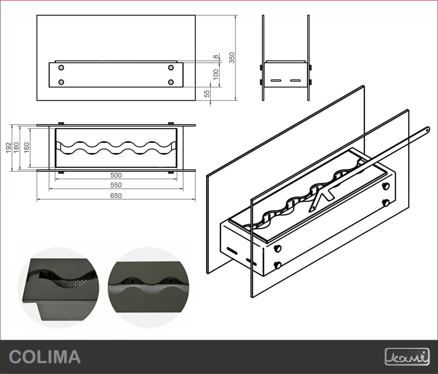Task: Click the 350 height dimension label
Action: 232,58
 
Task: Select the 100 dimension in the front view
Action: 216,75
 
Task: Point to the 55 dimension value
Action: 207,93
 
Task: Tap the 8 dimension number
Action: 216,57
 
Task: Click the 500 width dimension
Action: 116,175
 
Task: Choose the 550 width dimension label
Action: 116,185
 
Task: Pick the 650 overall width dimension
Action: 116,196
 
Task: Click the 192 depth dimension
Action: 9,148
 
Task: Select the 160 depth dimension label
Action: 27,148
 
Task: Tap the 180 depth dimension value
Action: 16,148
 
